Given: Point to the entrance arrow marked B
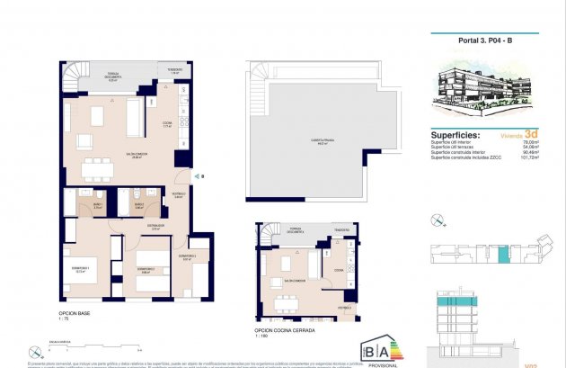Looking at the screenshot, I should coord(202,176).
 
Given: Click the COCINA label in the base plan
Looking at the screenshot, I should coord(166,125).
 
